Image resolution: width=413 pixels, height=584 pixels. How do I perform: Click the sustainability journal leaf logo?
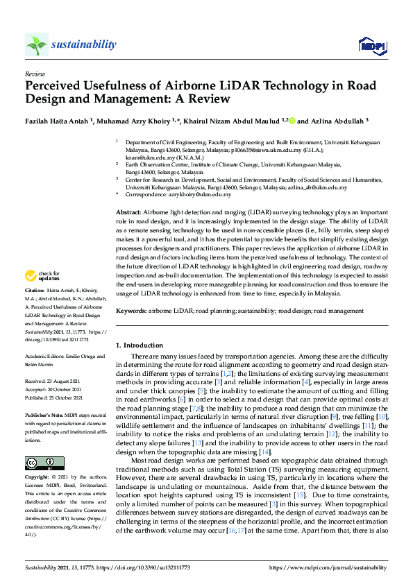pyautogui.click(x=36, y=45)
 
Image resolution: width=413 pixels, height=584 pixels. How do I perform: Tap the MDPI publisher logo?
pyautogui.click(x=371, y=46)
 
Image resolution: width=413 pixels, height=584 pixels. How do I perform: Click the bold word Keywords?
pyautogui.click(x=130, y=312)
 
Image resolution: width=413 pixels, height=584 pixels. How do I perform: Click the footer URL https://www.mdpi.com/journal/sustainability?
pyautogui.click(x=328, y=567)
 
